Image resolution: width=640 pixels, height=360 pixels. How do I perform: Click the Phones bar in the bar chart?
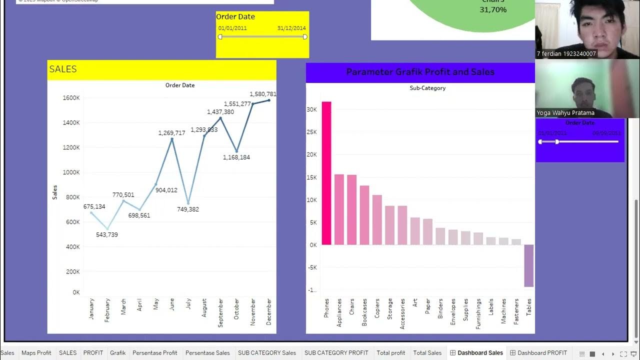coord(326,173)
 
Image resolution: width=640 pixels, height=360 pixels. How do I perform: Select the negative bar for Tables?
coord(528,265)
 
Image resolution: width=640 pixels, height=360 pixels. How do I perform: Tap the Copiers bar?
coord(377,219)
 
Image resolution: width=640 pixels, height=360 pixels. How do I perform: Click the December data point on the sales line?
coord(269,100)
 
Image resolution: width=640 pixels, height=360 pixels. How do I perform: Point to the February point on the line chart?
coord(107,228)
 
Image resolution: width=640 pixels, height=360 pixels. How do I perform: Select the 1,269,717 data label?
coord(172,133)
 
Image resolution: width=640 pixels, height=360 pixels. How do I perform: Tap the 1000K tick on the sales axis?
coord(71,172)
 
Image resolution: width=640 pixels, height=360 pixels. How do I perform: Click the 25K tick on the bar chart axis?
coord(311,132)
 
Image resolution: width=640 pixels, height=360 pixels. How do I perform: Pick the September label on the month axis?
coord(220,313)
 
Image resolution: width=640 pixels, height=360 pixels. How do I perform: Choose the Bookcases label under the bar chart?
coord(364,313)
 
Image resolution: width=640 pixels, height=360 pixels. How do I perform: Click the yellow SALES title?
coord(63,69)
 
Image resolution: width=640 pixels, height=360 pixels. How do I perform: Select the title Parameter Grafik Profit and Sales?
coord(420,72)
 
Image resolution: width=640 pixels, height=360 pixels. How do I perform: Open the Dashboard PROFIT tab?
coord(542,353)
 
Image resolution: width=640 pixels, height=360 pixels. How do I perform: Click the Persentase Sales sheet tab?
coord(207,353)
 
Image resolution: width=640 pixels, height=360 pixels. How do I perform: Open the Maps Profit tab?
coord(36,353)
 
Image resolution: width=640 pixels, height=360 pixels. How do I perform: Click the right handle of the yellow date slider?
coord(305,36)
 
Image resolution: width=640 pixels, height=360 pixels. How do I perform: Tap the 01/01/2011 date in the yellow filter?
coord(232,28)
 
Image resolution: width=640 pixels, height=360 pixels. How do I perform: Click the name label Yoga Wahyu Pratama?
coord(565,113)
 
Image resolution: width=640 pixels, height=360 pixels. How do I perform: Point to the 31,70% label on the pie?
coord(493,9)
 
